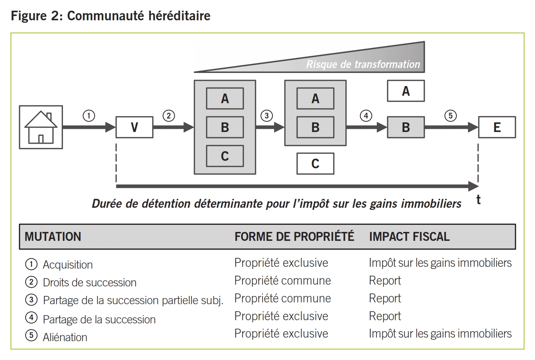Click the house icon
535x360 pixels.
pyautogui.click(x=41, y=127)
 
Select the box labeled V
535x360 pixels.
pyautogui.click(x=134, y=127)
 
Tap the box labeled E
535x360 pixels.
pyautogui.click(x=497, y=127)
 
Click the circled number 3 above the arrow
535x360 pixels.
pyautogui.click(x=266, y=116)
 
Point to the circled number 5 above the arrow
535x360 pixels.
pyautogui.click(x=450, y=116)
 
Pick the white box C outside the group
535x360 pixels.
pyautogui.click(x=315, y=164)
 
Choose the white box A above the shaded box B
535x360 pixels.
pyautogui.click(x=406, y=91)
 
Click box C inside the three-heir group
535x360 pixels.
pyautogui.click(x=225, y=156)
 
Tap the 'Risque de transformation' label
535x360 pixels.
pyautogui.click(x=363, y=64)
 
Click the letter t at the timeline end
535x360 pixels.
pyautogui.click(x=478, y=200)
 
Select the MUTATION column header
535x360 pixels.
pyautogui.click(x=53, y=237)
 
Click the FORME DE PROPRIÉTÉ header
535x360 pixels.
pyautogui.click(x=294, y=237)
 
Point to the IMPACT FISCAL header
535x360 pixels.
pyautogui.click(x=409, y=237)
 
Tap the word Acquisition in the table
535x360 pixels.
pyautogui.click(x=68, y=265)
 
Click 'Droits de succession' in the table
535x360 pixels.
pyautogui.click(x=90, y=282)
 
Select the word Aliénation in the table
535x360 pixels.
pyautogui.click(x=65, y=337)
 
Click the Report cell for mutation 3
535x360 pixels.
pyautogui.click(x=385, y=298)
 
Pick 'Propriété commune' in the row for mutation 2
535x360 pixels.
pyautogui.click(x=282, y=281)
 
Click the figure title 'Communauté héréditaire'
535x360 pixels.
pyautogui.click(x=139, y=16)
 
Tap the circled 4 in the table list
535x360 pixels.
pyautogui.click(x=31, y=317)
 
